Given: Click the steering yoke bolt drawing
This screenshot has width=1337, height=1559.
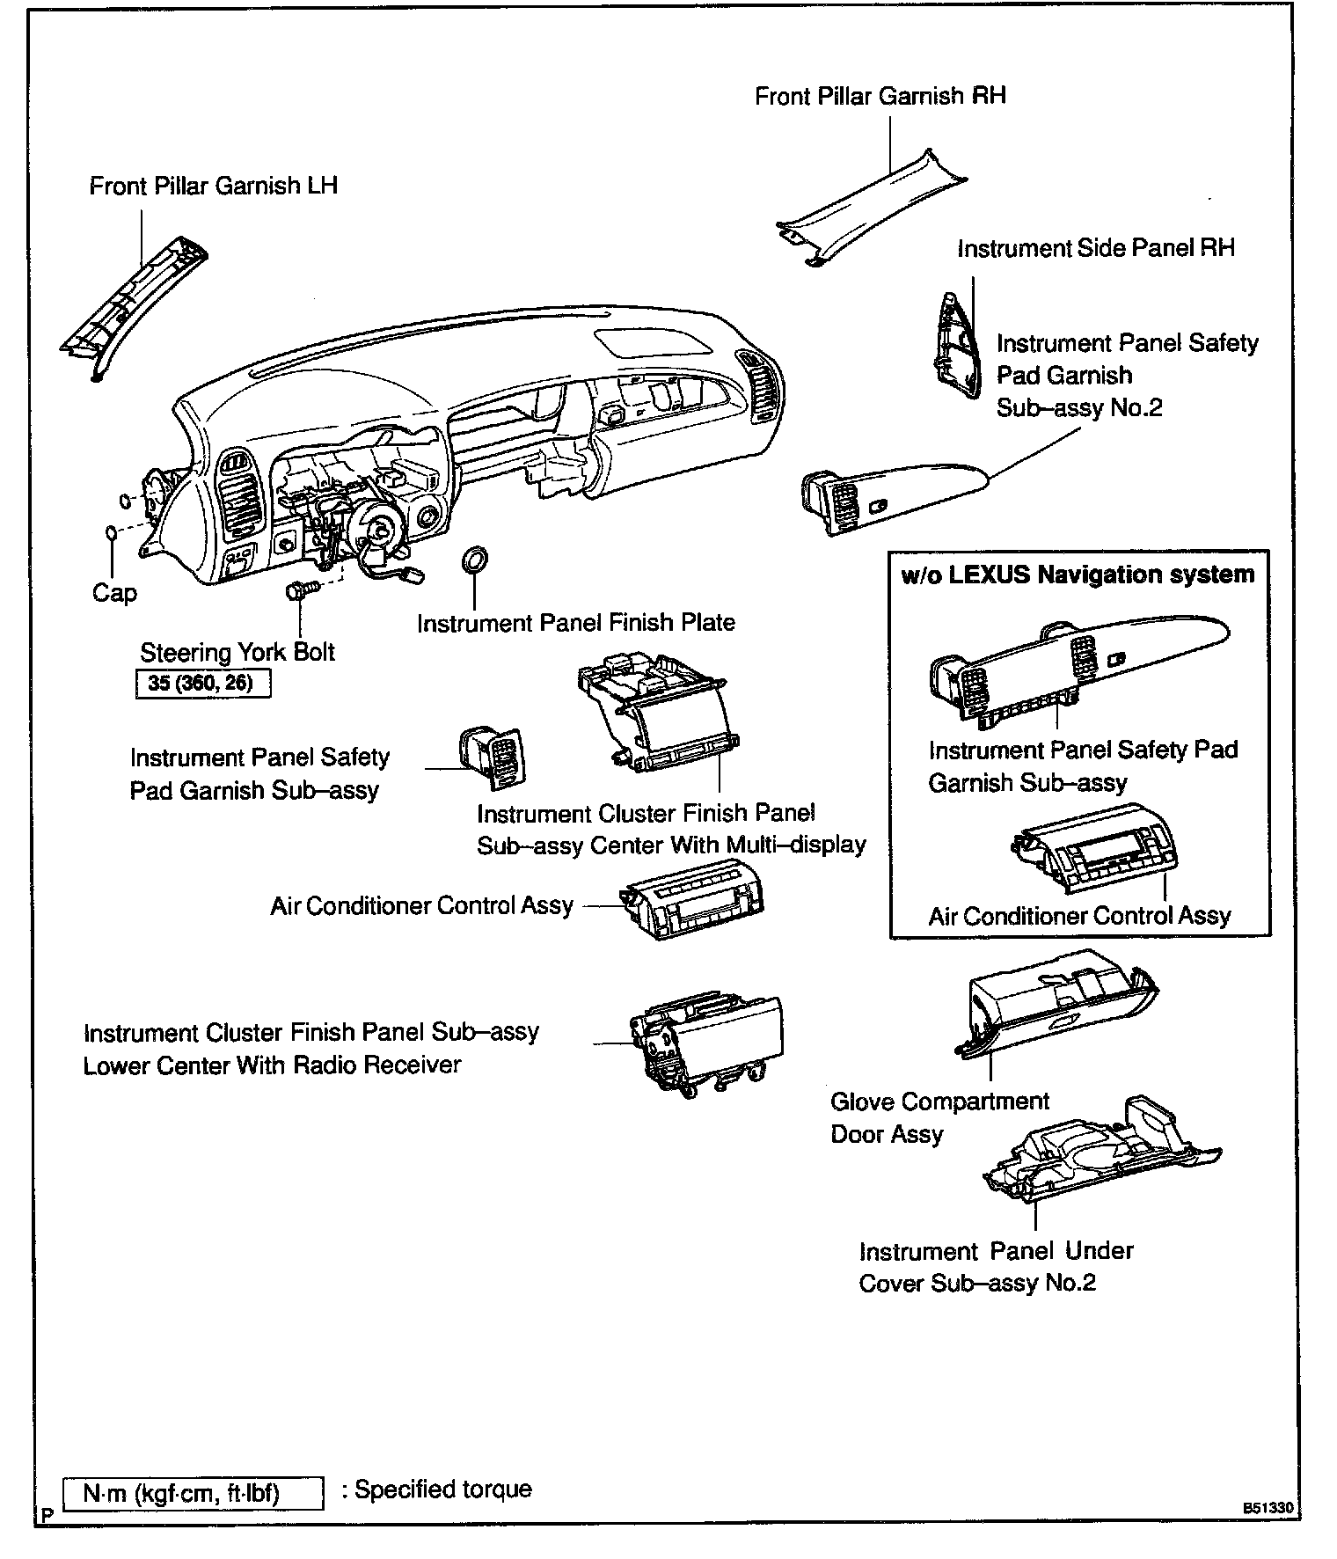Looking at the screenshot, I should [296, 590].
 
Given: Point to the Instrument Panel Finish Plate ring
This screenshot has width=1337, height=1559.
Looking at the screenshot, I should [475, 560].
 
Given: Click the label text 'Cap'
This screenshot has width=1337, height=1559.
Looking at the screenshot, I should [114, 593].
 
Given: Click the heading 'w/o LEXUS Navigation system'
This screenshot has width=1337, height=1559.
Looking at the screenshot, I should [1078, 575].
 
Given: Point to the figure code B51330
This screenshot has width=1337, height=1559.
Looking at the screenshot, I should [1267, 1508].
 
